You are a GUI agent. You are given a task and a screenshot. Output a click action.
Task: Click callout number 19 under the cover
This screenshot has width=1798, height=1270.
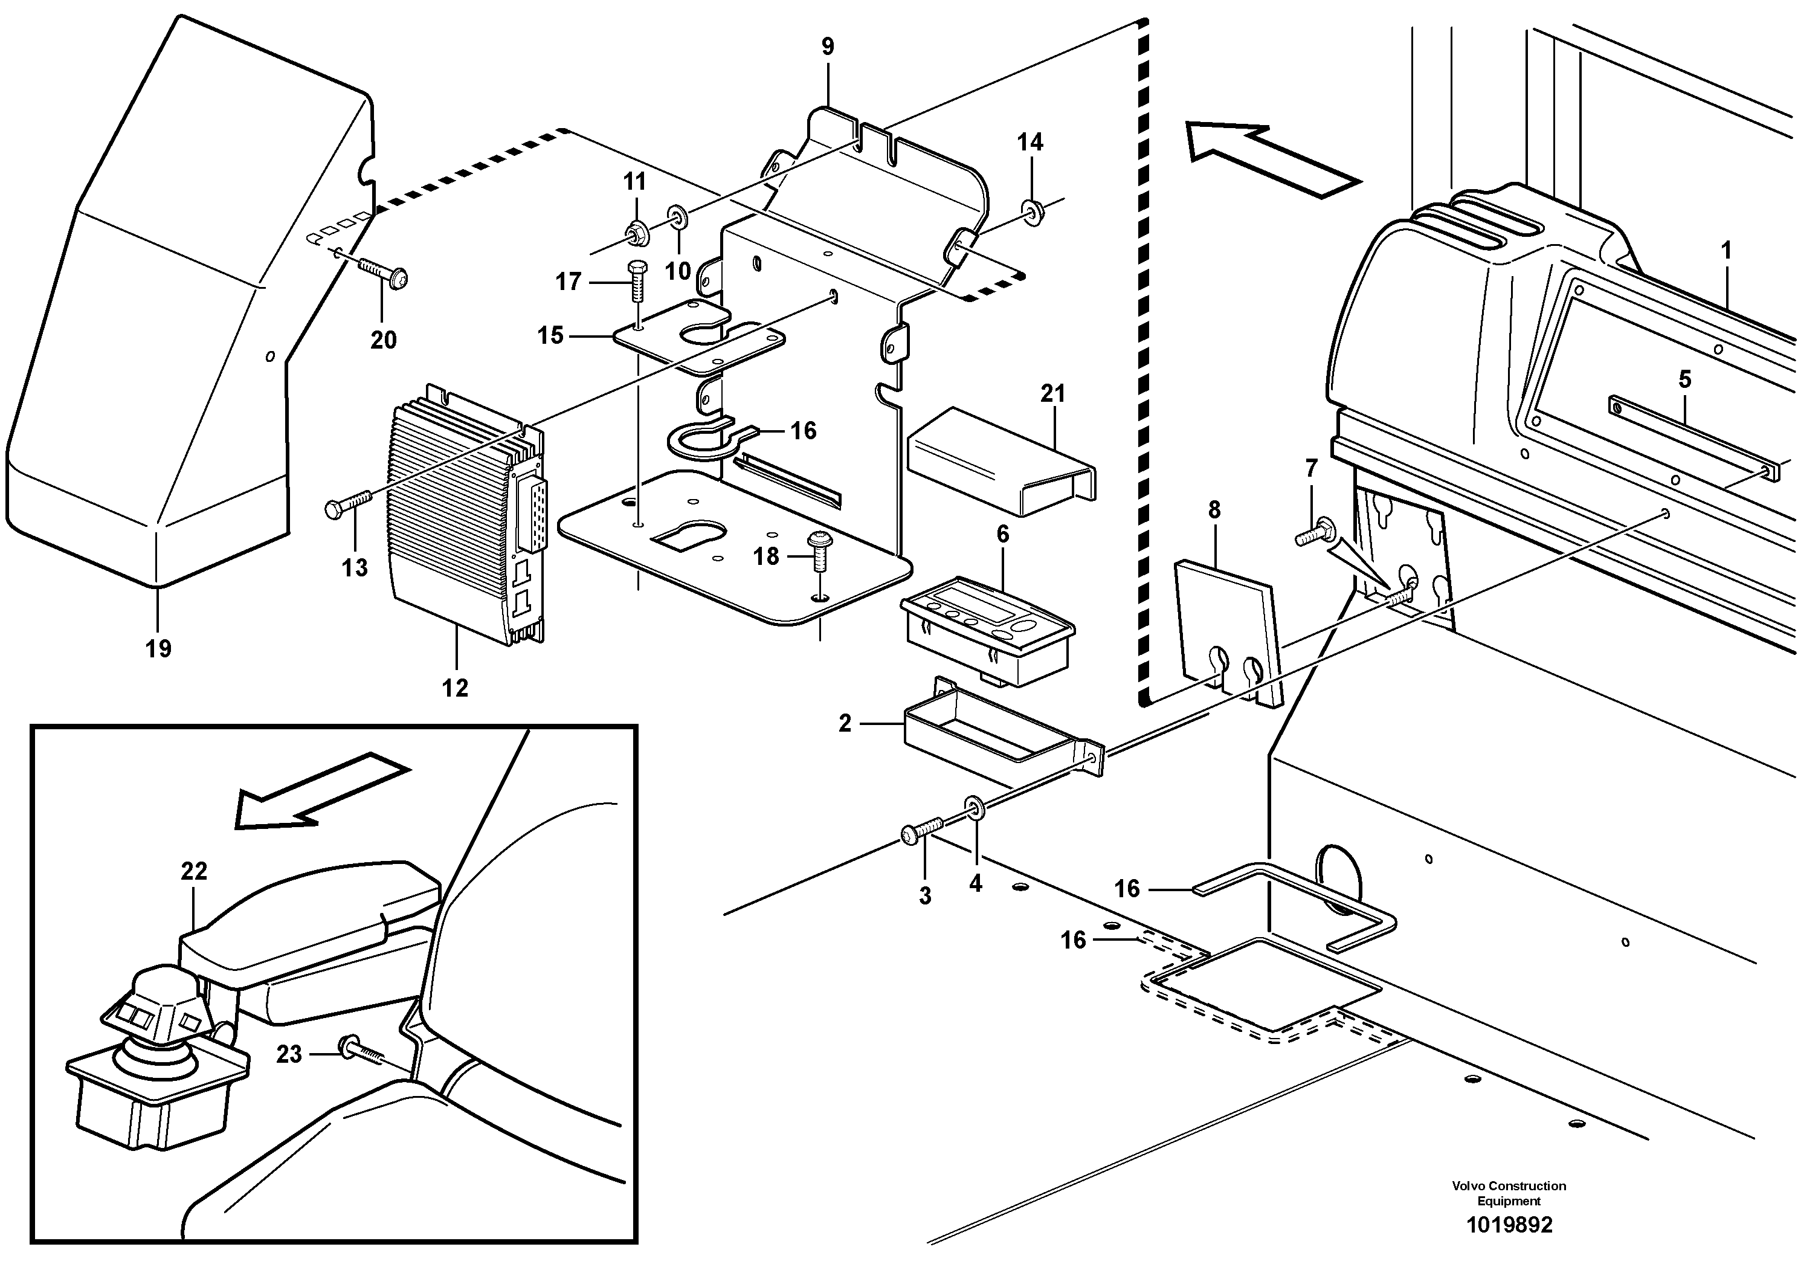coord(158,648)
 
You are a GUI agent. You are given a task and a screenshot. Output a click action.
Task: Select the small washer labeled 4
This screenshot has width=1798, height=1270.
coord(975,827)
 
